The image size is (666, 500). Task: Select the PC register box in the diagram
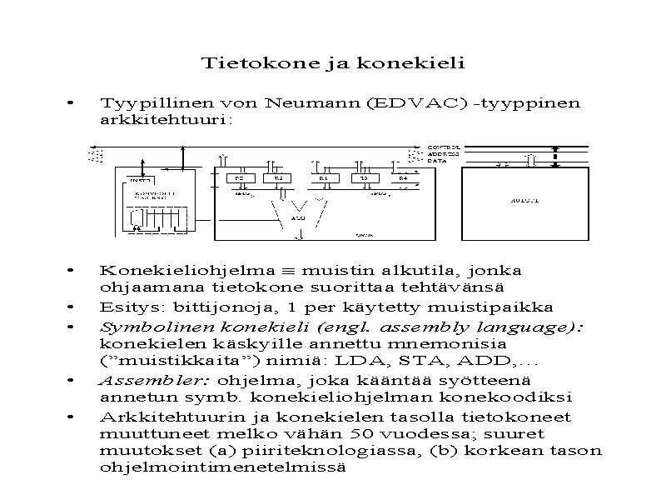[x=240, y=178]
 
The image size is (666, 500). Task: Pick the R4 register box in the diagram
[x=403, y=178]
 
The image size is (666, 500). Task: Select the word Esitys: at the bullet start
[x=127, y=307]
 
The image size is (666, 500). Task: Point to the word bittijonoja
[x=221, y=307]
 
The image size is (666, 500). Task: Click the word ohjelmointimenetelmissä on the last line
[x=221, y=467]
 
